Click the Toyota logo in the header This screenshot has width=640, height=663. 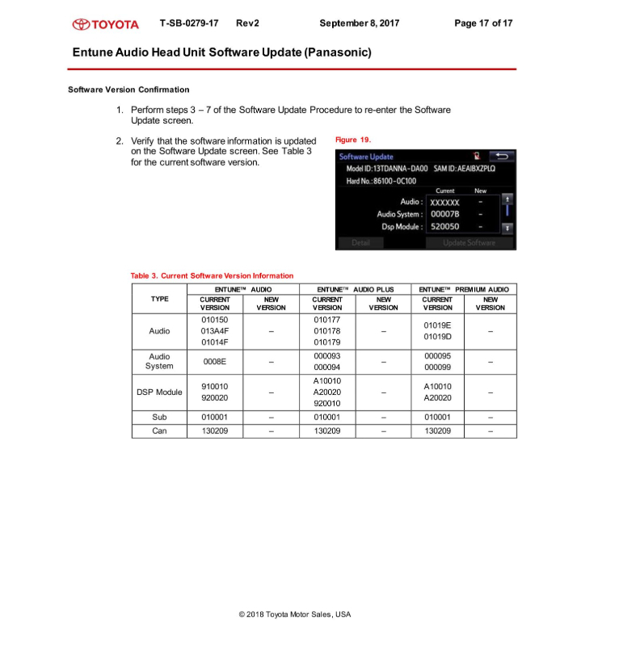[x=105, y=23]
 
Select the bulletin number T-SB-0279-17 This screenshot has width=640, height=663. [x=188, y=23]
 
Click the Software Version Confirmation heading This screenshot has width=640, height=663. [x=129, y=90]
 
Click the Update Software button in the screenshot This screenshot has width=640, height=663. [x=469, y=242]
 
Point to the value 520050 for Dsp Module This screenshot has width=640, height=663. [x=444, y=227]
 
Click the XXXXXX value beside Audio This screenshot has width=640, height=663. [x=444, y=202]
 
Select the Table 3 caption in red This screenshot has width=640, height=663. [x=212, y=275]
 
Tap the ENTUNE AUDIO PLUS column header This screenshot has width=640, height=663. [x=356, y=288]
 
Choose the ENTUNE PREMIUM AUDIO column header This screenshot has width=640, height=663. [x=465, y=288]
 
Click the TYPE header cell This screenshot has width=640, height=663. [x=160, y=299]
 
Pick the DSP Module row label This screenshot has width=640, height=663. [x=160, y=392]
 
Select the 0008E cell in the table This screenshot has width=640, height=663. [x=214, y=361]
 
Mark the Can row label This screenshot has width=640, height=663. [x=160, y=431]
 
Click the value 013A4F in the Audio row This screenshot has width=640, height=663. [x=214, y=330]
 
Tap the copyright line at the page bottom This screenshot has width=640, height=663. [x=295, y=615]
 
